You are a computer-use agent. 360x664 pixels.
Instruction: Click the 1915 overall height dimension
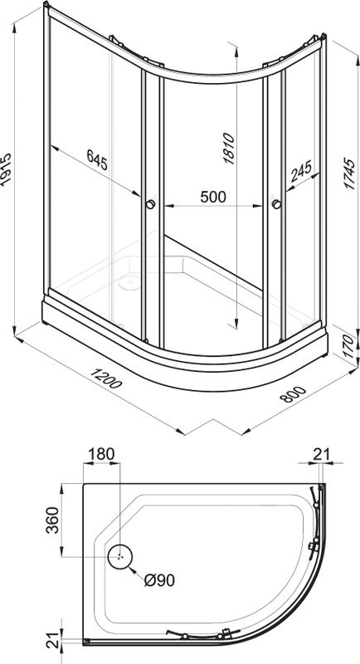[6, 169]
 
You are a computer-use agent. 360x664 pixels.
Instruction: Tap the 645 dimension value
[97, 159]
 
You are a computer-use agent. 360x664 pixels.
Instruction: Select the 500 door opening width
[213, 197]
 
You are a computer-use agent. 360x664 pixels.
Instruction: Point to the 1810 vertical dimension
[228, 149]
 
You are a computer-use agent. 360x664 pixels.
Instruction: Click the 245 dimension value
[301, 170]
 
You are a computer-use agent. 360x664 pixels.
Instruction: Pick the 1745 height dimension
[349, 173]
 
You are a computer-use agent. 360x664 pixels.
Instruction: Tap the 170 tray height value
[348, 346]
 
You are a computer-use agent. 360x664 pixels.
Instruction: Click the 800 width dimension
[292, 393]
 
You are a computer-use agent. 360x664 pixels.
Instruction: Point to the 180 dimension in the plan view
[101, 454]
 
